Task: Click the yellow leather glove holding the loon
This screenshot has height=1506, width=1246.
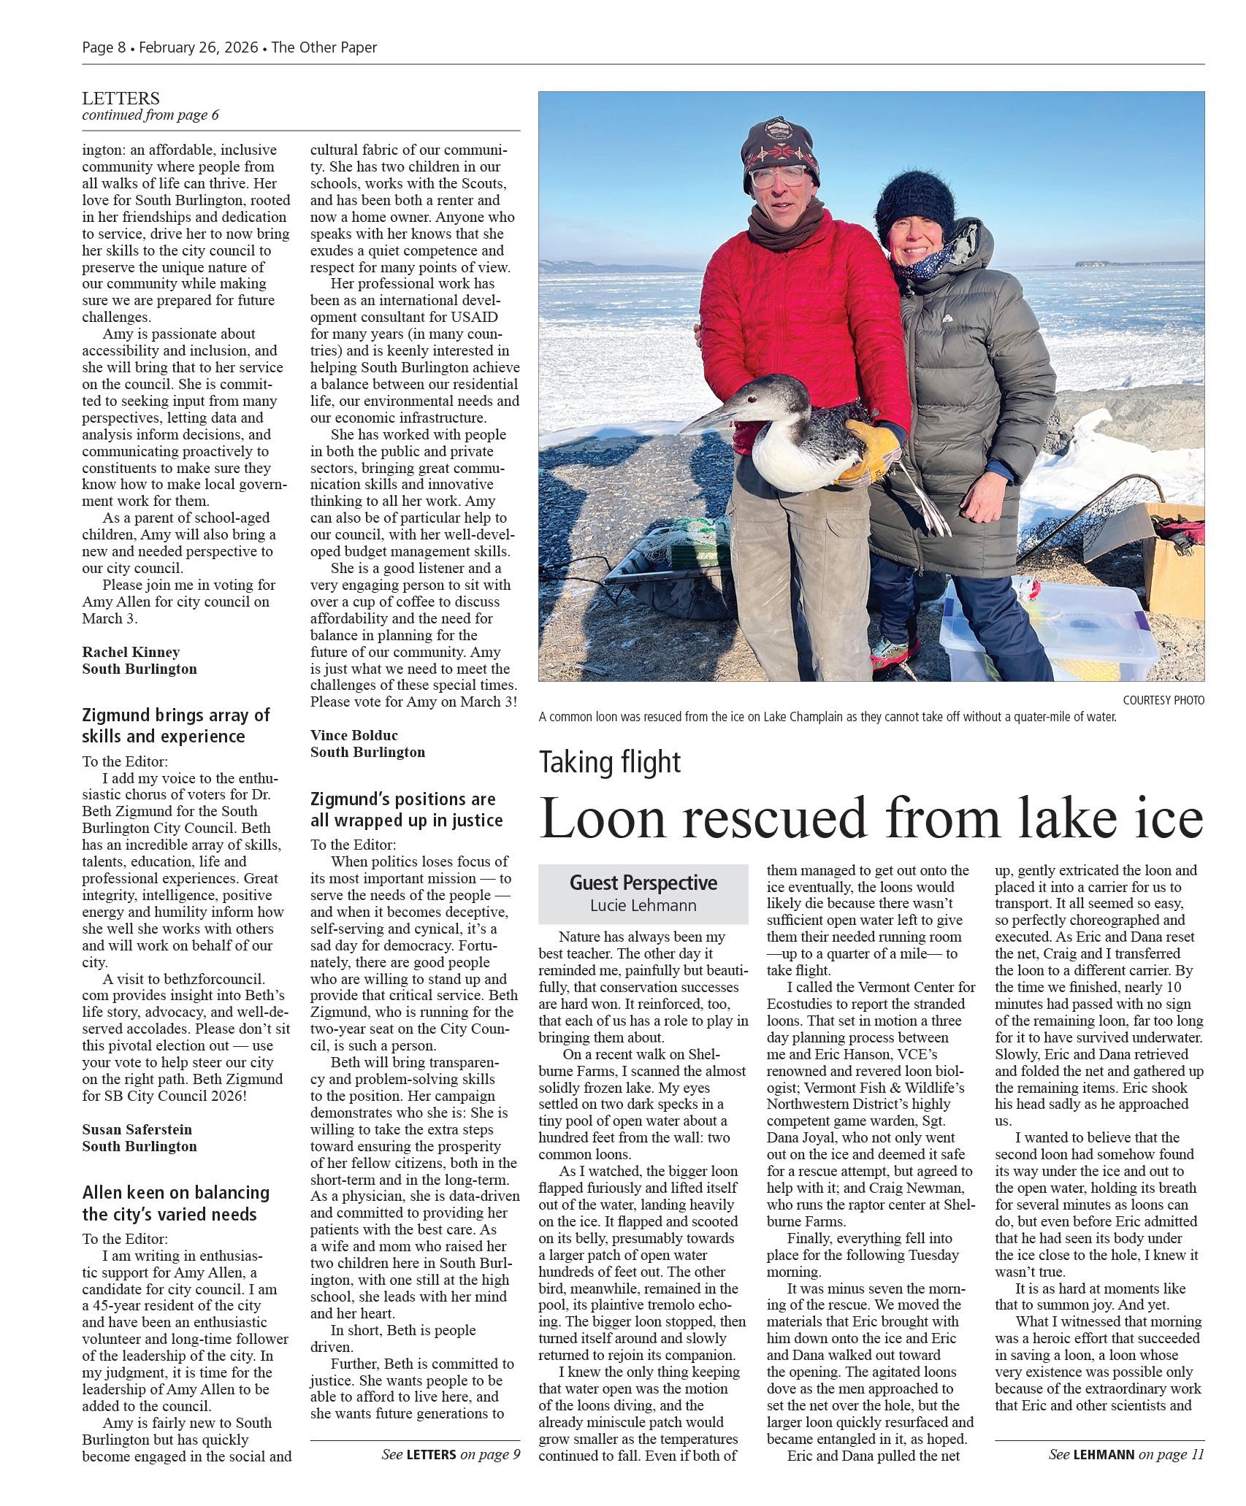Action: [871, 452]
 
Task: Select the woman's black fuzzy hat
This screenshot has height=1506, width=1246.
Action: [917, 201]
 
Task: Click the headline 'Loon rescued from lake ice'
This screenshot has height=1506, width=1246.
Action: [871, 818]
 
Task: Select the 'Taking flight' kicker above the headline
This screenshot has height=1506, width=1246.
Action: [610, 762]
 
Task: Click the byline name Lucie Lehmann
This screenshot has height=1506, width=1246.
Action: [643, 906]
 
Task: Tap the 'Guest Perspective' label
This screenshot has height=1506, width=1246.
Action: [643, 883]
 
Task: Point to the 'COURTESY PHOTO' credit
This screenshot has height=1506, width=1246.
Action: [1163, 700]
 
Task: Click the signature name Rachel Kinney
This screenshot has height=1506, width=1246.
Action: [131, 652]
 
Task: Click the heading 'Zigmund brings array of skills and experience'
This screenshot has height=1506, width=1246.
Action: [176, 725]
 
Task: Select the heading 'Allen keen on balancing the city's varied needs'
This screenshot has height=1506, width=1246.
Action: [176, 1203]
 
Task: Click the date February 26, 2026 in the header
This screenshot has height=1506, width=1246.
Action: [198, 48]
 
